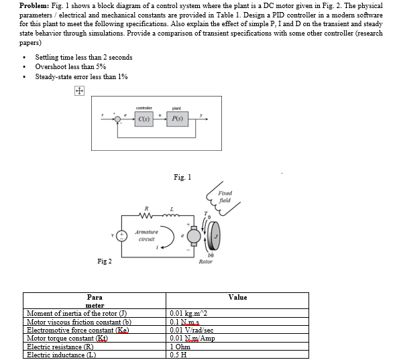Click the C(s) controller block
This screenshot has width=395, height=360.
pos(145,119)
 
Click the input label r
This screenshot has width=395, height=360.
pos(102,115)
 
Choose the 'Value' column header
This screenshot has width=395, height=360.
pos(237,297)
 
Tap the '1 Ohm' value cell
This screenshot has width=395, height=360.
pos(182,347)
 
